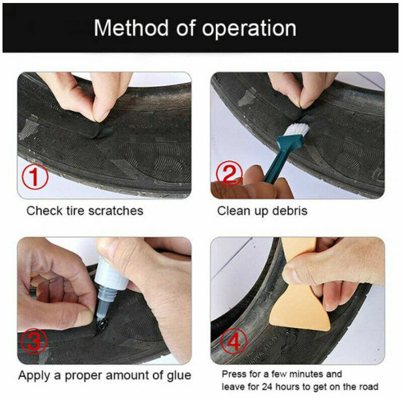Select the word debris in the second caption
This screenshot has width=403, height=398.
click(x=288, y=210)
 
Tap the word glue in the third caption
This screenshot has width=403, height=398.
click(x=179, y=375)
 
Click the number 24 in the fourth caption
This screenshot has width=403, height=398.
click(x=266, y=386)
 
